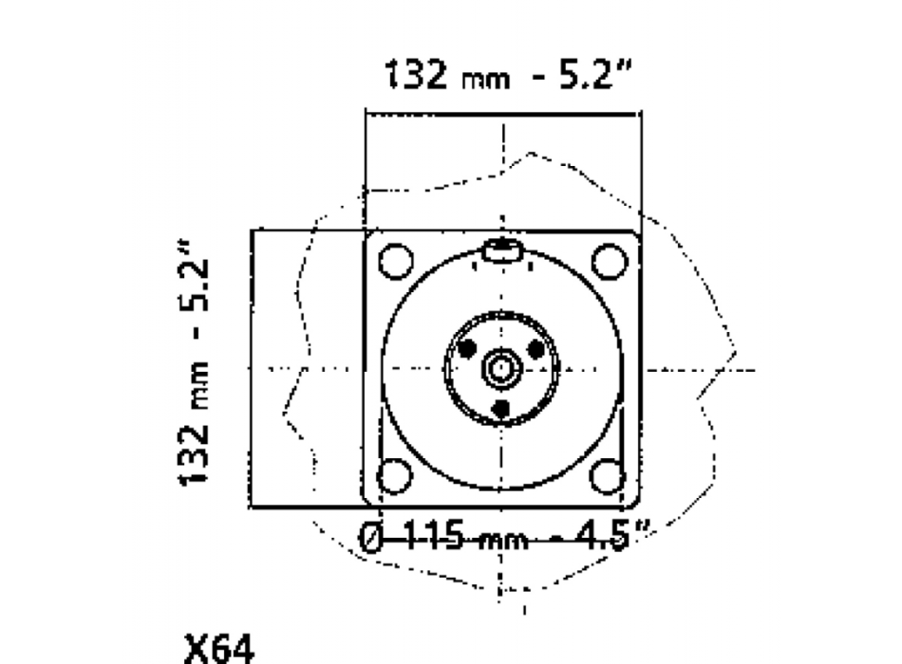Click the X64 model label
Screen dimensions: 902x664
coord(218,650)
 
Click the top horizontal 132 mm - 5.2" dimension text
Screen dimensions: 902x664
coord(508,74)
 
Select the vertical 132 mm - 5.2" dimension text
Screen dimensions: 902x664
coord(194,363)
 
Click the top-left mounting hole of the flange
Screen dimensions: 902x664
coord(396,261)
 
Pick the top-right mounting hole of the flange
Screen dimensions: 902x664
coord(610,261)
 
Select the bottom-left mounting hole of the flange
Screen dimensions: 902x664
coord(395,476)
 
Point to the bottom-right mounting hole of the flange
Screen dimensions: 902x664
coord(608,476)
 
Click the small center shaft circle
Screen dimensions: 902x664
coord(501,368)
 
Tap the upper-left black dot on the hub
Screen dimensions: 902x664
coord(468,348)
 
